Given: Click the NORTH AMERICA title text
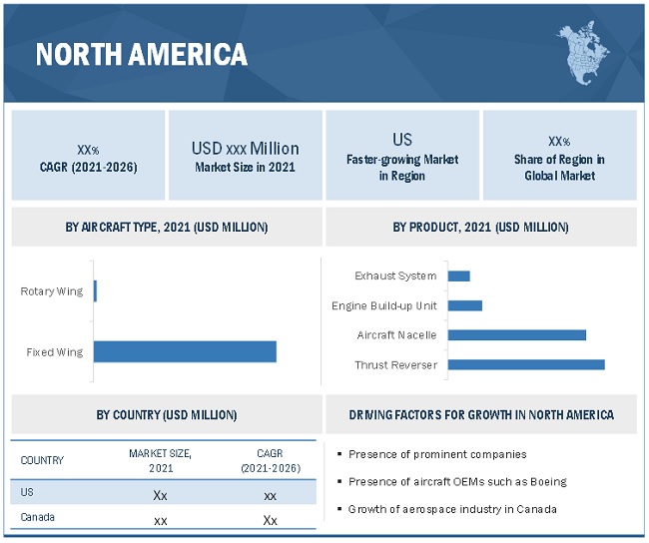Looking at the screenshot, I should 142,55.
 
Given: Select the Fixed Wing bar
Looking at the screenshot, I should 185,351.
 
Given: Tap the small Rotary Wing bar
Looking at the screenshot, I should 95,291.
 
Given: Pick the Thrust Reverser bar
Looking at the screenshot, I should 526,364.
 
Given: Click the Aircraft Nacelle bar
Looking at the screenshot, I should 517,334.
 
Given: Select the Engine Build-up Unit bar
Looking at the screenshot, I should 465,305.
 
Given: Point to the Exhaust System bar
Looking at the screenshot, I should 459,275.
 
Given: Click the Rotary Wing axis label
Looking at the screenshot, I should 52,291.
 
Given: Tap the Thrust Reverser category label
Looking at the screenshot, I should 396,364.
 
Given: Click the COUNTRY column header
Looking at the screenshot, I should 42,460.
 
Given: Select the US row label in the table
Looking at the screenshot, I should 27,493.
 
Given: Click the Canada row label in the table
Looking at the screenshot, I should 38,518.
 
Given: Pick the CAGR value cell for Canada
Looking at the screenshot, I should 271,520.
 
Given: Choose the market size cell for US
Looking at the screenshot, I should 160,495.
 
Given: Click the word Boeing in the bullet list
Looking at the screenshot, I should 547,481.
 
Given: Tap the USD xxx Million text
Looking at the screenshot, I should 245,149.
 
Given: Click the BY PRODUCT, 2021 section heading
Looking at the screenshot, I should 480,228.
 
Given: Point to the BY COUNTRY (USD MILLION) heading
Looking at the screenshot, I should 167,414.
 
